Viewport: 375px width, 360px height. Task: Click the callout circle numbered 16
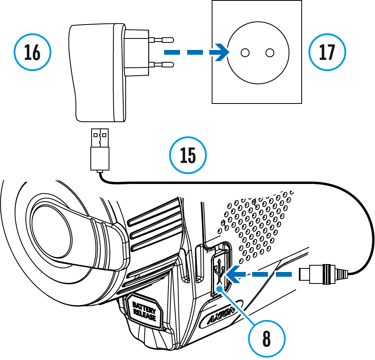tap(33, 52)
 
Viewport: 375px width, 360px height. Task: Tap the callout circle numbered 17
tap(327, 52)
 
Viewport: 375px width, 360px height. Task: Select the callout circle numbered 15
tap(188, 155)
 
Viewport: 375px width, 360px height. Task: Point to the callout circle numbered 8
tap(266, 339)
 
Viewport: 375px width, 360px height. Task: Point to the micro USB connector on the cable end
tap(317, 274)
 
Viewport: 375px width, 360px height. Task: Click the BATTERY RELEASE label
tap(144, 312)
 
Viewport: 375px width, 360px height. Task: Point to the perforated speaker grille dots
tap(258, 226)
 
